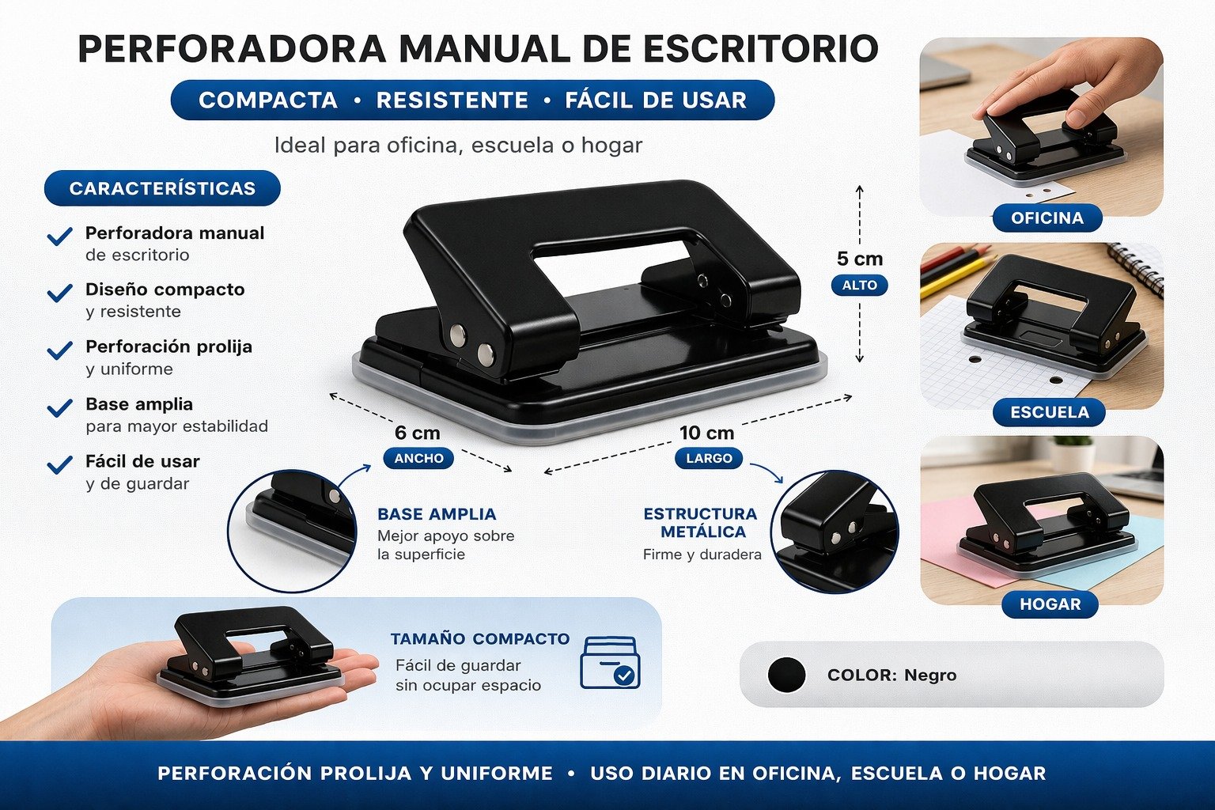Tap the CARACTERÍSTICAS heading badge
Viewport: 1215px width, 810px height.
click(x=162, y=188)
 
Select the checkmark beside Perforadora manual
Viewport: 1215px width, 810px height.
click(x=59, y=236)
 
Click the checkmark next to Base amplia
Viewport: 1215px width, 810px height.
click(x=59, y=407)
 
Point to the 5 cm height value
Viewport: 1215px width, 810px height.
click(x=860, y=259)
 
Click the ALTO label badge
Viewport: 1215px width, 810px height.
click(x=860, y=285)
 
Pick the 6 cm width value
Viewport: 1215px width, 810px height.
click(x=417, y=433)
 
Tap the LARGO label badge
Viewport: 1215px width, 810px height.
click(x=709, y=459)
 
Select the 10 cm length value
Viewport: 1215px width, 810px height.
click(x=706, y=433)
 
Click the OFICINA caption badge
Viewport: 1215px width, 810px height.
click(x=1047, y=218)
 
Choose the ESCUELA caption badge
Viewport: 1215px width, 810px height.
click(x=1050, y=412)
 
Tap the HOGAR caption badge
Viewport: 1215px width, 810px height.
click(x=1050, y=604)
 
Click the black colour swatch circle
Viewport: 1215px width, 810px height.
click(x=786, y=675)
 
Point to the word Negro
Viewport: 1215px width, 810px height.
click(x=930, y=676)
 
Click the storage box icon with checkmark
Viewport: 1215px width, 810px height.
click(x=610, y=662)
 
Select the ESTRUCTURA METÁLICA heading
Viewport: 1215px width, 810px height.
click(x=701, y=523)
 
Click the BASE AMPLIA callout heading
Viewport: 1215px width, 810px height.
click(x=437, y=514)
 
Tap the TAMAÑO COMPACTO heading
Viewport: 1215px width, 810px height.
click(x=480, y=638)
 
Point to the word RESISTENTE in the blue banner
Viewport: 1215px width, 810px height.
click(x=452, y=100)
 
